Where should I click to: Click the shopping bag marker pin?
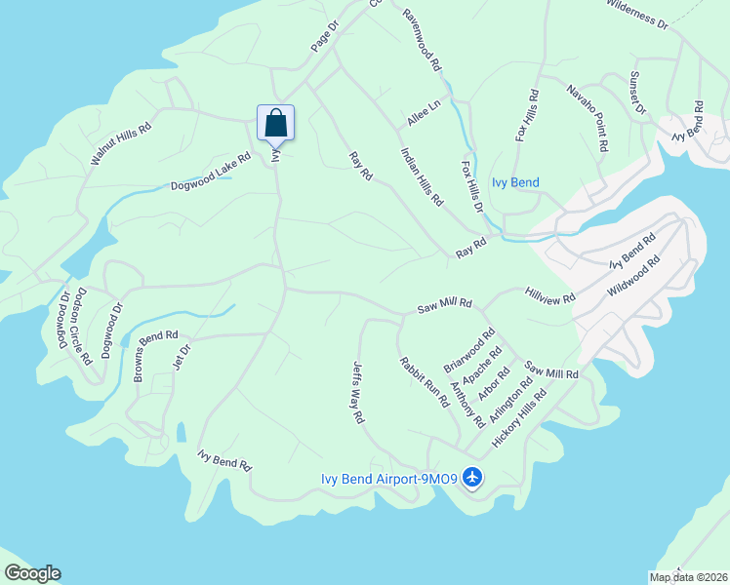(276, 124)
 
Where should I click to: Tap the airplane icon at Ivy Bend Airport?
(473, 478)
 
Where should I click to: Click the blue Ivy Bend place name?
(514, 182)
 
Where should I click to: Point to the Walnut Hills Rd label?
(121, 143)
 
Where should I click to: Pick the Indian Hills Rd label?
(422, 176)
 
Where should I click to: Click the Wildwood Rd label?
(633, 276)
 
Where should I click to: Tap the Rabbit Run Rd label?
(424, 381)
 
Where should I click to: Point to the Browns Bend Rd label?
(156, 357)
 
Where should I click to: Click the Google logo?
(32, 573)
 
